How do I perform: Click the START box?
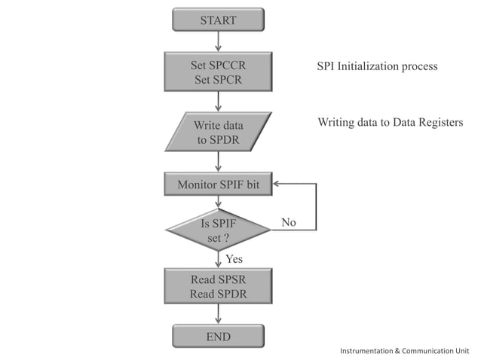(x=218, y=20)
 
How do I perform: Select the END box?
(x=218, y=336)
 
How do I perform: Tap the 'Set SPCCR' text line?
(x=218, y=66)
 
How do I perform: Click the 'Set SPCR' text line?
(x=218, y=80)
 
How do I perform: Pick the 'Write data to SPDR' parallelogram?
(x=218, y=132)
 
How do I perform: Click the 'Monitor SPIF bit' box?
(x=218, y=184)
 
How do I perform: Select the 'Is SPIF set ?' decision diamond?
(x=218, y=230)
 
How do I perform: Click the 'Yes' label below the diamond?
(x=234, y=259)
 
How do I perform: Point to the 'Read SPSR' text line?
(x=218, y=279)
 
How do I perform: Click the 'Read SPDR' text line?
(x=218, y=294)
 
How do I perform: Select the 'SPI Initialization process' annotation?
(x=377, y=66)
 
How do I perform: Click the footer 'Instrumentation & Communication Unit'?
(x=405, y=351)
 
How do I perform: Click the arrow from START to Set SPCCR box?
(x=218, y=41)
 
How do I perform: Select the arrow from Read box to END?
(x=218, y=314)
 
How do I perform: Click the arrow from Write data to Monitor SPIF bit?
(x=218, y=161)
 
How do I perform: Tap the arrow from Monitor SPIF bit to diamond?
(x=218, y=201)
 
